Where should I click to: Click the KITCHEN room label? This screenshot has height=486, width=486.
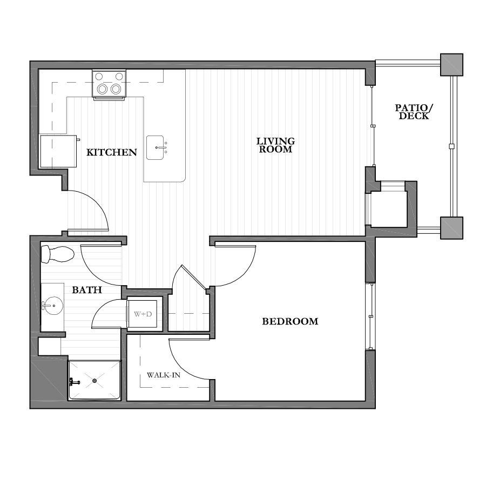pyautogui.click(x=112, y=153)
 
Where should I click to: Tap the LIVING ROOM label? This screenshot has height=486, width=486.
pyautogui.click(x=275, y=145)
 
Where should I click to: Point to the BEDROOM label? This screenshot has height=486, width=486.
pyautogui.click(x=290, y=321)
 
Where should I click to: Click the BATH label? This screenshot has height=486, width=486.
pyautogui.click(x=87, y=290)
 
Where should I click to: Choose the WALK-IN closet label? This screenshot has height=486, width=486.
pyautogui.click(x=163, y=374)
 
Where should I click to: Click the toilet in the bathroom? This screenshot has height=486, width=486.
pyautogui.click(x=57, y=253)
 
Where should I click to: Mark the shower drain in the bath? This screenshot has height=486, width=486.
pyautogui.click(x=95, y=381)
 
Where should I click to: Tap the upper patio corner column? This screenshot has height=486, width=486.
pyautogui.click(x=451, y=65)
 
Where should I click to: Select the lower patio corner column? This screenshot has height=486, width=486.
pyautogui.click(x=451, y=227)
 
